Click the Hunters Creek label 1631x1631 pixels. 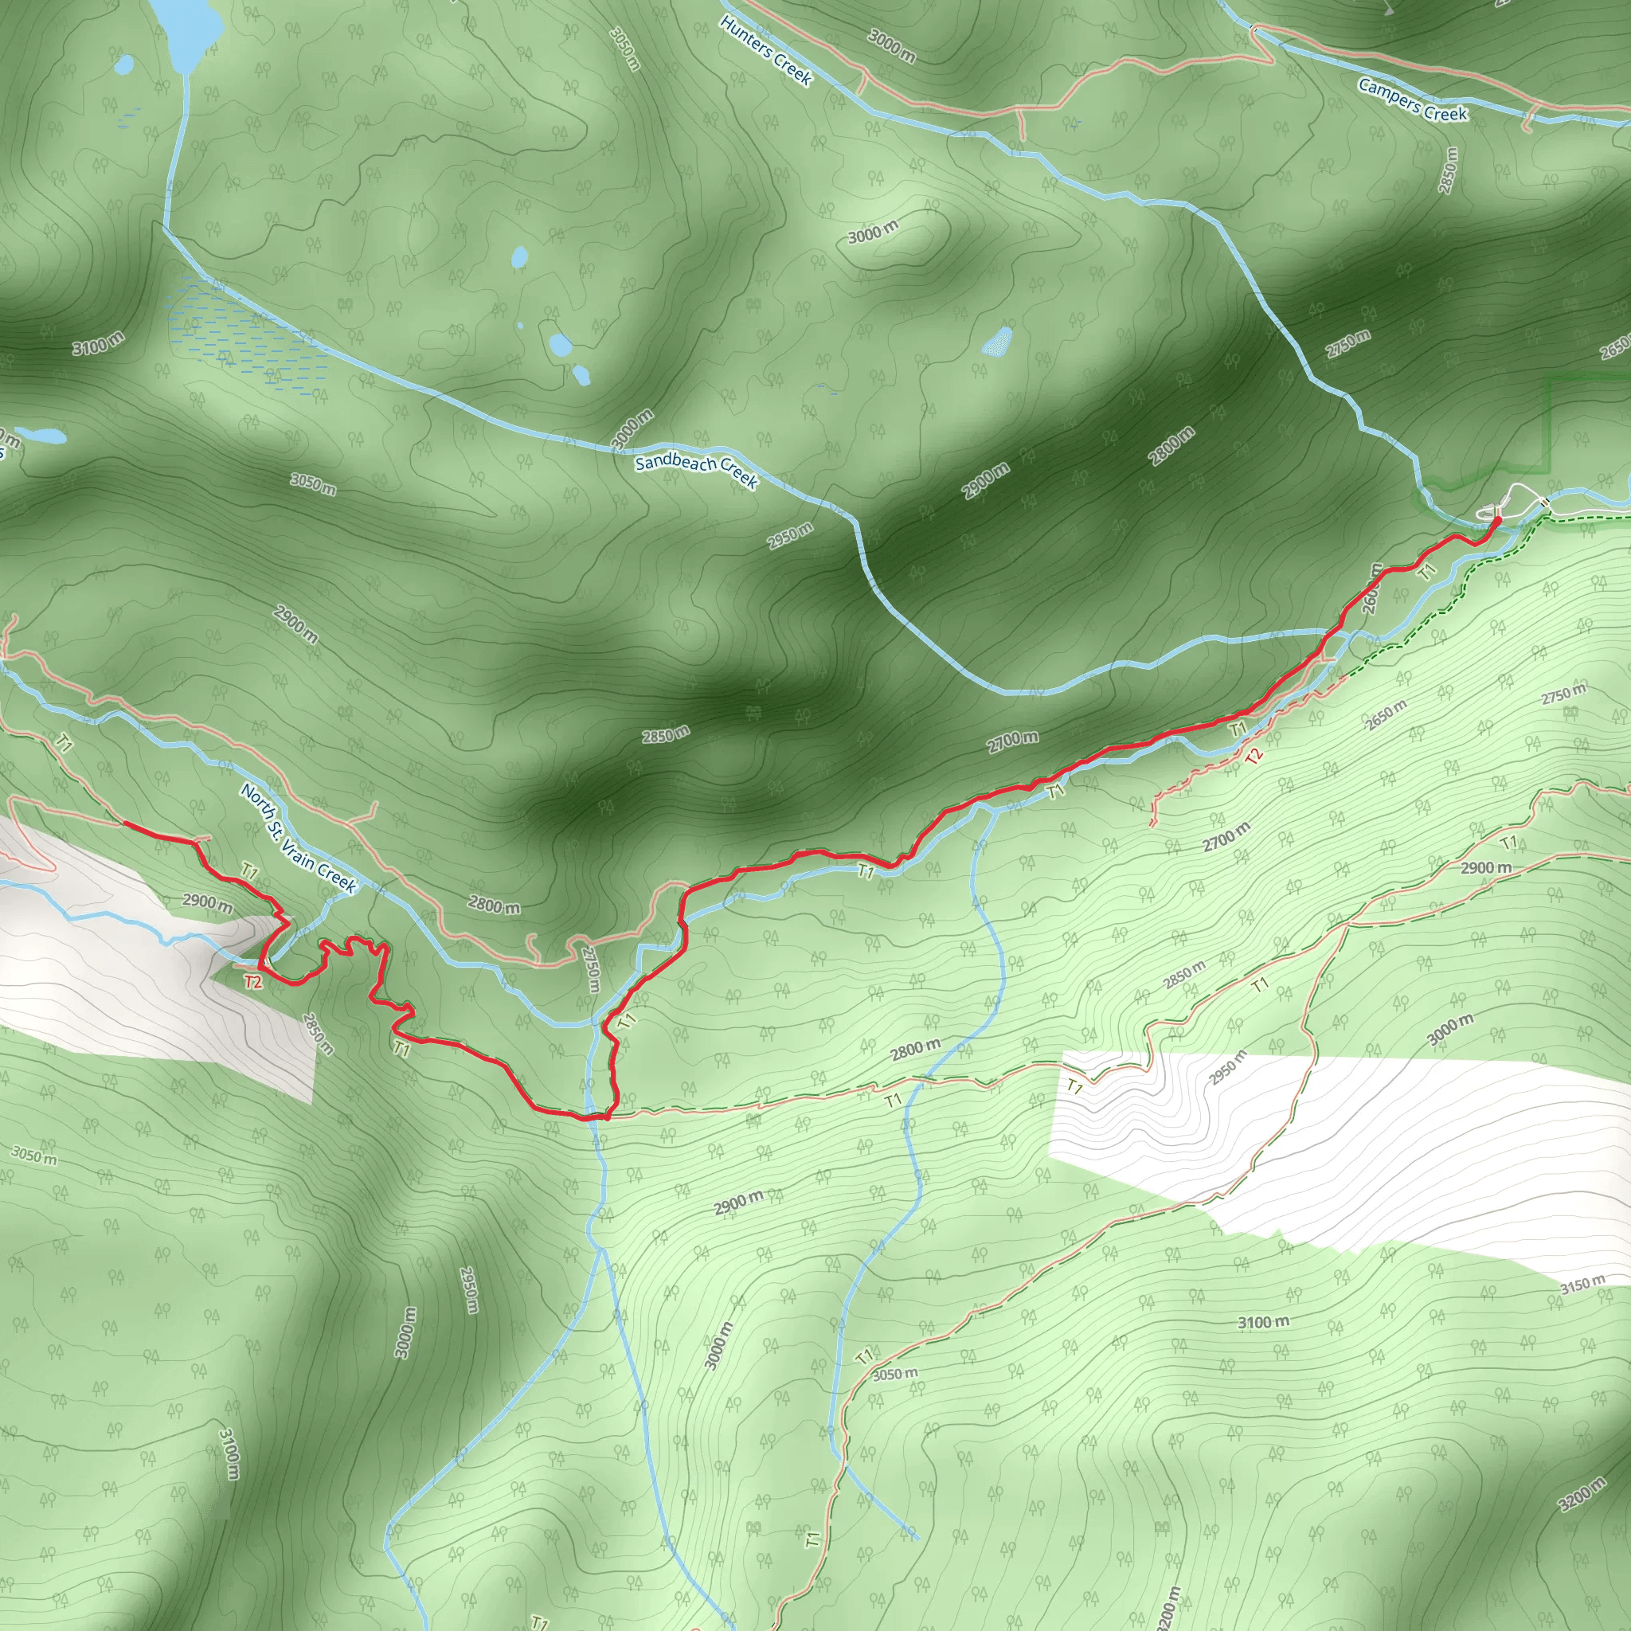coord(765,51)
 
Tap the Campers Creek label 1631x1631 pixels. coord(1412,100)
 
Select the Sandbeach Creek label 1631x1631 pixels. coord(697,469)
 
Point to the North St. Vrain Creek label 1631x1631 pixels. coord(298,838)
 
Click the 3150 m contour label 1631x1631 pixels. coord(1582,1285)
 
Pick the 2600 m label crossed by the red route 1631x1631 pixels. coord(1372,589)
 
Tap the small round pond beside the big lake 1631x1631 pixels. coord(124,64)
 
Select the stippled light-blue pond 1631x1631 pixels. coord(997,342)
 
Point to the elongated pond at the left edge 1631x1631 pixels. coord(41,436)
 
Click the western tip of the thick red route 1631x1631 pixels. coord(126,821)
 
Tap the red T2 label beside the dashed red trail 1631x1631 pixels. coord(1254,756)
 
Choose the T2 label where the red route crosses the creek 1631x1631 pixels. coord(252,981)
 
